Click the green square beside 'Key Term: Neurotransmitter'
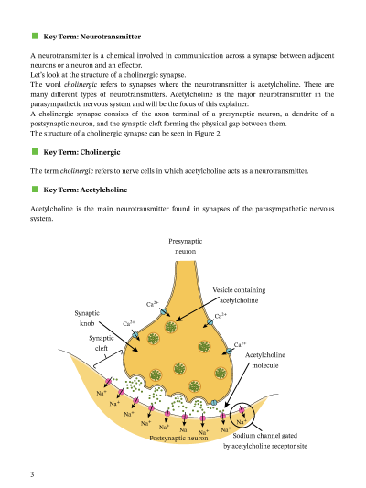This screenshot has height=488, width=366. (35, 37)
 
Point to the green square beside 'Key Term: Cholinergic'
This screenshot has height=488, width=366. (35, 151)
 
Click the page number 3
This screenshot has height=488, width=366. (32, 473)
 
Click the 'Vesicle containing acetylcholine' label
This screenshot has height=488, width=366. (239, 294)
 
